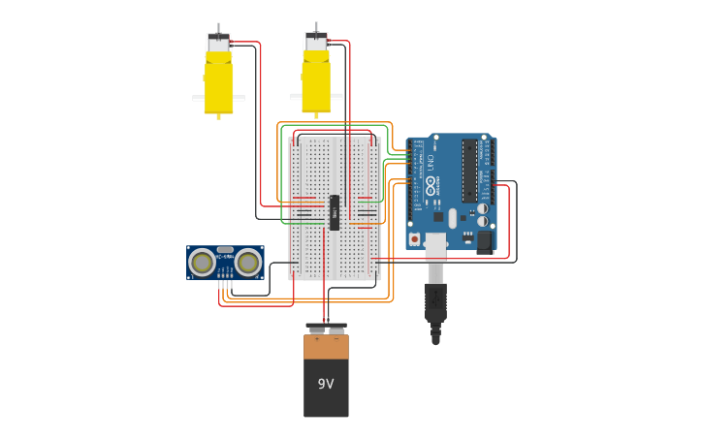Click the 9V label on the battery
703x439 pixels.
point(326,384)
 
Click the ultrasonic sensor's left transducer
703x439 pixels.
point(202,262)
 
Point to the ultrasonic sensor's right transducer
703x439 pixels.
point(248,262)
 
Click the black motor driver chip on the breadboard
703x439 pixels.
point(335,212)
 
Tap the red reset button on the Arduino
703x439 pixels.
point(415,238)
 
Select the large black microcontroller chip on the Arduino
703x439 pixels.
point(469,171)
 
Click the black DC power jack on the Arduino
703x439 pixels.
point(485,240)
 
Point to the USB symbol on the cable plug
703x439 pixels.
point(435,297)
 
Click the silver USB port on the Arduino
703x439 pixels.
point(435,244)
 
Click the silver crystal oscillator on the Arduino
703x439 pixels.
point(452,218)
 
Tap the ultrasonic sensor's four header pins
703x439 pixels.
point(225,276)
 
